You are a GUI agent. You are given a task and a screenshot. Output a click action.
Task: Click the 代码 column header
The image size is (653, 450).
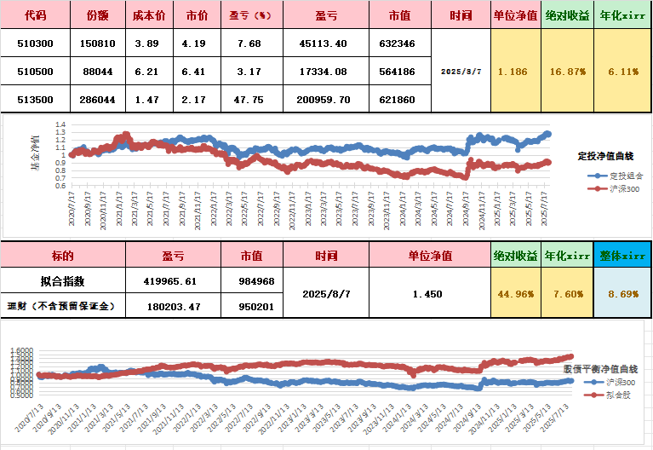pyautogui.click(x=36, y=15)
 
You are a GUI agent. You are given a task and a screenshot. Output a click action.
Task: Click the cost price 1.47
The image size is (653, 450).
pyautogui.click(x=146, y=100)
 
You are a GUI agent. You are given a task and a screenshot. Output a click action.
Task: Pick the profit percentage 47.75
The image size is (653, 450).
pyautogui.click(x=249, y=100)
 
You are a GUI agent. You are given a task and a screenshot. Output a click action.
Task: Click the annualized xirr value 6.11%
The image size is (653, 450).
pyautogui.click(x=623, y=72)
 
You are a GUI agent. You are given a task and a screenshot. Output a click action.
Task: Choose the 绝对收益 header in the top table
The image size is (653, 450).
pyautogui.click(x=568, y=15)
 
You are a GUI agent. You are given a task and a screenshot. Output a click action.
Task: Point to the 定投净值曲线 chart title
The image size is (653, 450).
pyautogui.click(x=605, y=156)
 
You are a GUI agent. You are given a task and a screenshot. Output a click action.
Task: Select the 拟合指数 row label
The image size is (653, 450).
pyautogui.click(x=62, y=280)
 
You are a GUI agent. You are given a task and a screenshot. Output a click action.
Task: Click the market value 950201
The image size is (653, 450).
pyautogui.click(x=251, y=306)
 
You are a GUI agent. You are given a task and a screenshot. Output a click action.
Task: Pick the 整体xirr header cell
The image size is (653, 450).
pyautogui.click(x=623, y=255)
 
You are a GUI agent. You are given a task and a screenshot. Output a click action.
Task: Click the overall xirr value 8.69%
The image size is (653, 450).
pyautogui.click(x=623, y=293)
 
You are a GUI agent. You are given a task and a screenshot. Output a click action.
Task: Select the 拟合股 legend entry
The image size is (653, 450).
pyautogui.click(x=616, y=394)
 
